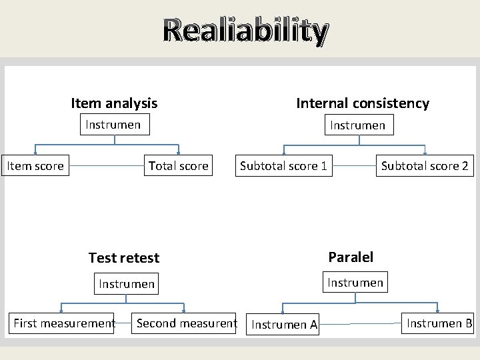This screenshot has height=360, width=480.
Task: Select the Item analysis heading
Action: (114, 103)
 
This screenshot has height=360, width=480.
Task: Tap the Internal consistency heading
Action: (363, 103)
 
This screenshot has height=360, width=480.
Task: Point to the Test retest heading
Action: (124, 258)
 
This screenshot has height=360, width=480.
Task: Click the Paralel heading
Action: (351, 257)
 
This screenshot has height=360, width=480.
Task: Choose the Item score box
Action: (35, 166)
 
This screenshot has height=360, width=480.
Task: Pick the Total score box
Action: (178, 166)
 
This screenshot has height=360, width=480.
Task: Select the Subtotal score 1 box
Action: (283, 166)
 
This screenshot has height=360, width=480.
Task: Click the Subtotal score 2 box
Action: (425, 166)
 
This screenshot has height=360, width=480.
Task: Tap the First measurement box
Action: (64, 323)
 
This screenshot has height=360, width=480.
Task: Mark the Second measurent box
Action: (186, 323)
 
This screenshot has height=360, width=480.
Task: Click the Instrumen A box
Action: (285, 325)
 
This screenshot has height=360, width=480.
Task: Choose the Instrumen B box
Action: (439, 323)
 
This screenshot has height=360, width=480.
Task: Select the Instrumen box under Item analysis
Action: (113, 125)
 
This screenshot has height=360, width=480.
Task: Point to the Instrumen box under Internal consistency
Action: (358, 125)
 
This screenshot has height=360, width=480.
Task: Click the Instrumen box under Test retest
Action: (127, 284)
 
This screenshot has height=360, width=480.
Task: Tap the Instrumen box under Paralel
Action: (355, 283)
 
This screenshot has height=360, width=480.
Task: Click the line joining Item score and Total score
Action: (107, 166)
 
